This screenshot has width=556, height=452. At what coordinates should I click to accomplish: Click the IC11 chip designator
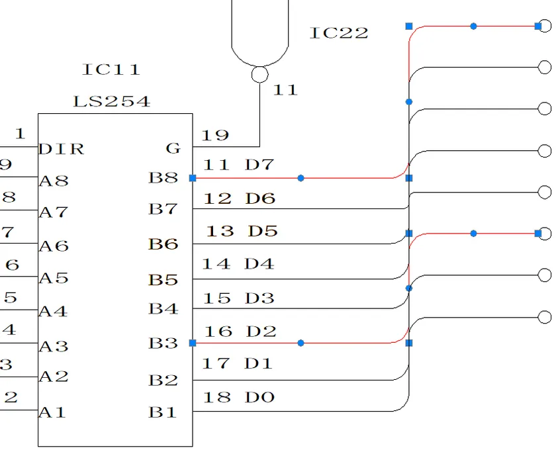click(x=111, y=69)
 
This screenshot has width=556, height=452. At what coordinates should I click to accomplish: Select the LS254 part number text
click(x=111, y=102)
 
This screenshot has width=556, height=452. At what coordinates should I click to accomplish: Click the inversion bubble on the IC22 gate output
click(x=260, y=74)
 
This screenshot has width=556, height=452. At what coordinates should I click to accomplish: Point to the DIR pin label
click(x=62, y=149)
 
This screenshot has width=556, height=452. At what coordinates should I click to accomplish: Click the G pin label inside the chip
click(x=173, y=149)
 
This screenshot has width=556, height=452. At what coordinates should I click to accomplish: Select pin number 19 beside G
click(x=215, y=136)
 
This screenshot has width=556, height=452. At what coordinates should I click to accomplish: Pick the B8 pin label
click(x=163, y=178)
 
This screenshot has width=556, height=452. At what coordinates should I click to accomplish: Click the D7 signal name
click(x=259, y=165)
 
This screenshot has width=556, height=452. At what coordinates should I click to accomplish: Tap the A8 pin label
click(x=54, y=181)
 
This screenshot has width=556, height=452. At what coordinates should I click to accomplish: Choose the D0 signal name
click(x=259, y=397)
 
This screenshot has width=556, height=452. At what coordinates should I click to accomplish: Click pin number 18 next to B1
click(x=216, y=397)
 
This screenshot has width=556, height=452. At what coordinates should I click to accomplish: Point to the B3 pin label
click(x=163, y=343)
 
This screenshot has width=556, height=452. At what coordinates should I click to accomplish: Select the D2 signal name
click(x=260, y=331)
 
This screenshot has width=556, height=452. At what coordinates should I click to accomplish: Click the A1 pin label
click(x=53, y=412)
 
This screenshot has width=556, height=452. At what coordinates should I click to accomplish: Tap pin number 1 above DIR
click(x=20, y=134)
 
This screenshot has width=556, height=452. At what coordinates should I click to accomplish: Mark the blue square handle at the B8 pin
click(x=193, y=178)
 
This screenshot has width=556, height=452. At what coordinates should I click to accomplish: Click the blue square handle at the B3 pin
click(x=193, y=343)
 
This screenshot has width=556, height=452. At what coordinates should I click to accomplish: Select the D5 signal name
click(x=262, y=231)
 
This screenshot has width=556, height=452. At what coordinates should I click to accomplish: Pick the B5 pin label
click(x=163, y=280)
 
